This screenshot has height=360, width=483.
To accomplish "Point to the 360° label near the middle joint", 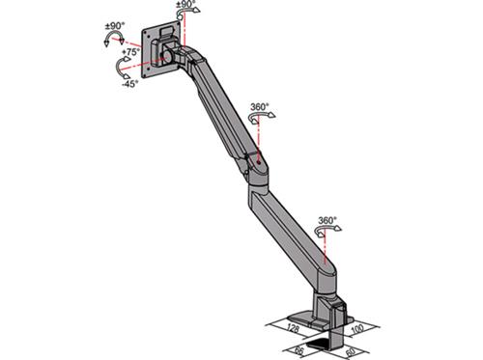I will tap(259, 106).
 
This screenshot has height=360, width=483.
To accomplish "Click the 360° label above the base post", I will tap(327, 221).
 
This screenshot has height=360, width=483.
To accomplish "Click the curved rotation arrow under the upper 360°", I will tap(259, 119).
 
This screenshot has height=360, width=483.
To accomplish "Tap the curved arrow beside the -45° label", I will tap(124, 69).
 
